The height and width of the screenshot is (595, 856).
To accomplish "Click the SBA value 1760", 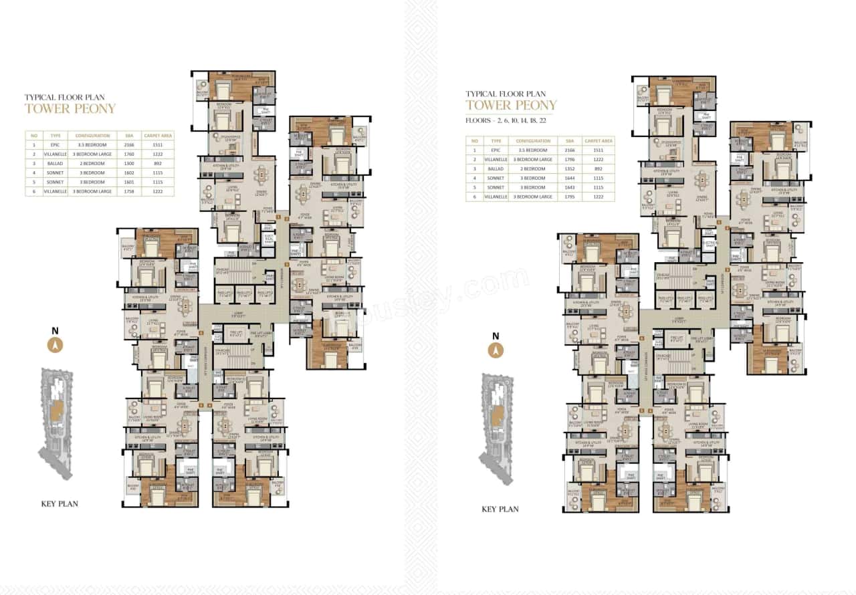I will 128,153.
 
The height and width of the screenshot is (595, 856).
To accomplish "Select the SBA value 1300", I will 128,162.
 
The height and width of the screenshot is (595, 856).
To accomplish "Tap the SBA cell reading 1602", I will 128,172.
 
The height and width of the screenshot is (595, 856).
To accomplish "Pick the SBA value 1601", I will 128,181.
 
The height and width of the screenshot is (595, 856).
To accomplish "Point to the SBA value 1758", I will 128,191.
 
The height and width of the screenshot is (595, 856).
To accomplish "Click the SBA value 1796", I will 569,160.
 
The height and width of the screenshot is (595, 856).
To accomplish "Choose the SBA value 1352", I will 569,169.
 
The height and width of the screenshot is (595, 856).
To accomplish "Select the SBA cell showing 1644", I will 569,178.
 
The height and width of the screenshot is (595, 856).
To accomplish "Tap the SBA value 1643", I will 569,188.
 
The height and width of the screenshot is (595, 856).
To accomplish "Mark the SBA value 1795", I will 569,197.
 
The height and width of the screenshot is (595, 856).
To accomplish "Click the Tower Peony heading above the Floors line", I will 511,106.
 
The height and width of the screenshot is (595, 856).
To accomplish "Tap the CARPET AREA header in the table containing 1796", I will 598,141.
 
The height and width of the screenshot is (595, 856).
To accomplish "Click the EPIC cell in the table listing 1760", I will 55,144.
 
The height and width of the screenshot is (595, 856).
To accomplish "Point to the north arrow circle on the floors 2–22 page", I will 496,349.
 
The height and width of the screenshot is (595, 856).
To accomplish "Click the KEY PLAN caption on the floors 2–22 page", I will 500,509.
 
